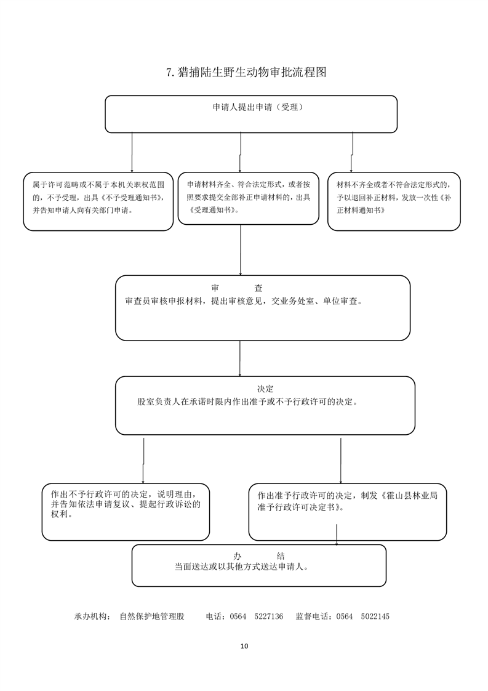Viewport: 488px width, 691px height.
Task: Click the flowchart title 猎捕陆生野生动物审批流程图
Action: (246, 72)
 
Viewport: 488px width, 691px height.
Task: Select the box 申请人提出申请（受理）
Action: (251, 114)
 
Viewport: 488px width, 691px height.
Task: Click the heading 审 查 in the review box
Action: (237, 288)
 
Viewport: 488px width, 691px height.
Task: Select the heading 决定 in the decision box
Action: (265, 389)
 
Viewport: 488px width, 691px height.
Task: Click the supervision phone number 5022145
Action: (375, 616)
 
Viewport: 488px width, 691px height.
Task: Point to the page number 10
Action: (244, 646)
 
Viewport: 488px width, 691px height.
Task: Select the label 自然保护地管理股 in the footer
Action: (152, 616)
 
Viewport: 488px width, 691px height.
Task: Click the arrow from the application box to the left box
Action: (132, 152)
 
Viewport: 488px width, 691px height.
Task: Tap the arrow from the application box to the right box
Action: (352, 152)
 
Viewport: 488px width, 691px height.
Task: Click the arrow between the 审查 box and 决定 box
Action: (239, 358)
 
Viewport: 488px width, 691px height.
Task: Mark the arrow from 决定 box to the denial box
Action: (143, 460)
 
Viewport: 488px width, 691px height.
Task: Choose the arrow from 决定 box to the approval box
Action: (340, 460)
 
